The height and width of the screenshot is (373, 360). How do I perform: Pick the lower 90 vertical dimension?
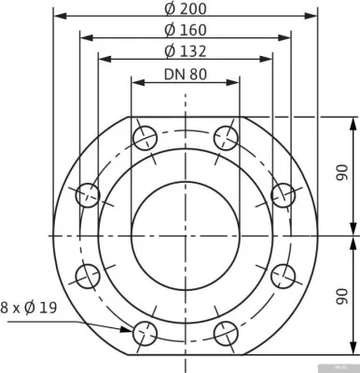(x=341, y=297)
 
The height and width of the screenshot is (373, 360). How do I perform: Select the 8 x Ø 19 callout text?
(x=29, y=306)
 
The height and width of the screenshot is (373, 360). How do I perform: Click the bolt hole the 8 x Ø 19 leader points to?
(x=145, y=332)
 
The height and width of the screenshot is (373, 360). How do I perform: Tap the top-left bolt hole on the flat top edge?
(x=145, y=139)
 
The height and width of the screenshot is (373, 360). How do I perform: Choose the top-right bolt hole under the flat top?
(x=226, y=139)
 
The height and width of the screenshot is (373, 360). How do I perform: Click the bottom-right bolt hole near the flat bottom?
(x=226, y=332)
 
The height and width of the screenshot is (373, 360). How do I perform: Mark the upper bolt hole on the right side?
(x=283, y=195)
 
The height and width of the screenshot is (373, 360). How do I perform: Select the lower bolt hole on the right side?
(x=283, y=275)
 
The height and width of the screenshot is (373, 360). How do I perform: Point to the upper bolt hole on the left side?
(x=88, y=195)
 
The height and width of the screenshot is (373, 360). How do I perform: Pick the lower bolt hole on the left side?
(x=88, y=275)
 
